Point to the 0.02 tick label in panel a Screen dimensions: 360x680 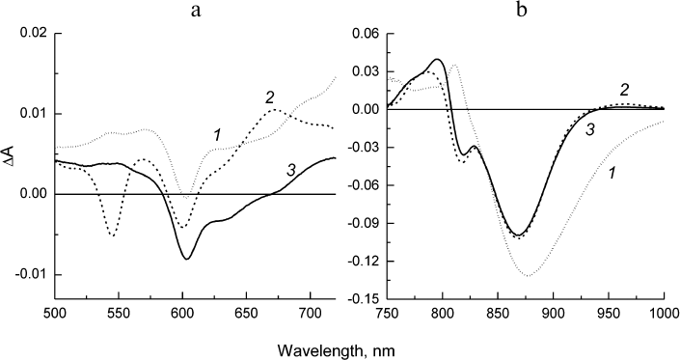tap(33, 34)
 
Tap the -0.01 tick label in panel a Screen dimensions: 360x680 tap(30, 275)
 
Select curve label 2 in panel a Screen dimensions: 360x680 tap(270, 96)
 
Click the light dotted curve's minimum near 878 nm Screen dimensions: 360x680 tap(529, 276)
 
